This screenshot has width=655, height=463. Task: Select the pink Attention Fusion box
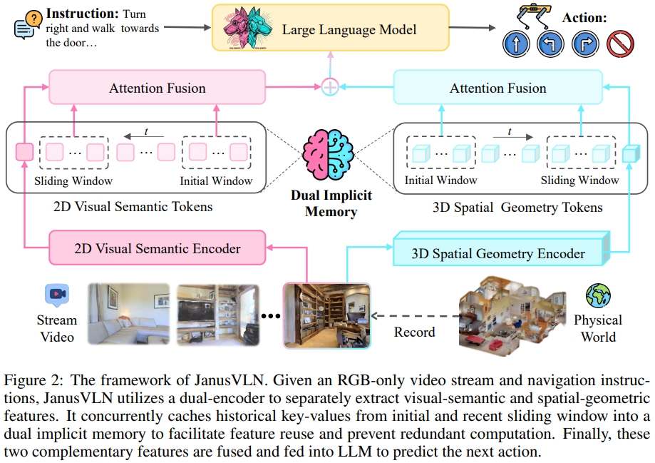157,88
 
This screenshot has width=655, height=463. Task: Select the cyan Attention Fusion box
497,88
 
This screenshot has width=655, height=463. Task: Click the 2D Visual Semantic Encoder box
158,249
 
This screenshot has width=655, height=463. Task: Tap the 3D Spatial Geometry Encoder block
498,252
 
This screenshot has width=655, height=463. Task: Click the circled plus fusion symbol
329,87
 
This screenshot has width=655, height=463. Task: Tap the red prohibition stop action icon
620,44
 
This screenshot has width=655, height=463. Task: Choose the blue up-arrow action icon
515,44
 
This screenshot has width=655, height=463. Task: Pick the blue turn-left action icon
550,44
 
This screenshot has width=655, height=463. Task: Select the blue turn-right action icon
585,44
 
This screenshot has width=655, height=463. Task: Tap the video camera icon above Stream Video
56,294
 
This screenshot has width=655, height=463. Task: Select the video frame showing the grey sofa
128,315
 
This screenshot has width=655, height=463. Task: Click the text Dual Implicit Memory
331,203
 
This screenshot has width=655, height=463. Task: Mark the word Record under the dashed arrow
414,332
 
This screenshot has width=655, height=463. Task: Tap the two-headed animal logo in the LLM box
249,29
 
